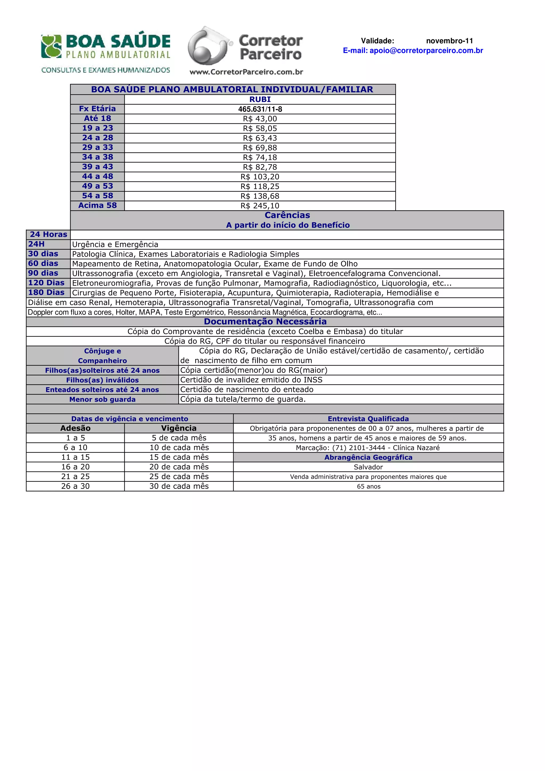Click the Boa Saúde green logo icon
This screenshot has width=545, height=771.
[51, 46]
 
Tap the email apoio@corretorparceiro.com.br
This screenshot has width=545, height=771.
[413, 51]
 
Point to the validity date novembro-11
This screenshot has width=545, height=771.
[449, 41]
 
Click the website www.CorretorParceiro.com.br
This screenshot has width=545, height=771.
[246, 72]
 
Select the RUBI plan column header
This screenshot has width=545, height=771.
[260, 100]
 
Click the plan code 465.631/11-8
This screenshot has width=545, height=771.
[260, 109]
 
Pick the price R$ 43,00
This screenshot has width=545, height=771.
[260, 119]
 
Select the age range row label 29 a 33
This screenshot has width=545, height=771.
[97, 147]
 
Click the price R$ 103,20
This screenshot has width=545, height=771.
[260, 177]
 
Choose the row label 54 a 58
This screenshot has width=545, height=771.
[97, 196]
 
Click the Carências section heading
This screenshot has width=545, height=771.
[287, 215]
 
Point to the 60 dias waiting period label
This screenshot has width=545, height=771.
[43, 264]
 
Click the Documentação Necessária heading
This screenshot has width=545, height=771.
[265, 322]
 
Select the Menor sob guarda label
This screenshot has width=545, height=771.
[102, 399]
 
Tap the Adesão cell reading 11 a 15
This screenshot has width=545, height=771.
[75, 457]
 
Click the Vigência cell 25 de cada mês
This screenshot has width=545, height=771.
[179, 476]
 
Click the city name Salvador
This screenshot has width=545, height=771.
[368, 467]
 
